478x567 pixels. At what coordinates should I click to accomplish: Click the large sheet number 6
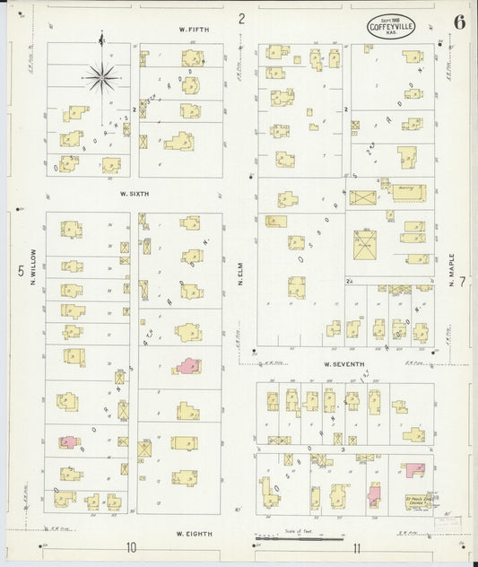click(x=458, y=22)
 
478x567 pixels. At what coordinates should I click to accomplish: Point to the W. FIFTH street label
click(x=193, y=30)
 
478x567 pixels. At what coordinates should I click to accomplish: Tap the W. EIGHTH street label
click(x=193, y=534)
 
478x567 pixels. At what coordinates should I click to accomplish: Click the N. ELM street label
click(x=241, y=270)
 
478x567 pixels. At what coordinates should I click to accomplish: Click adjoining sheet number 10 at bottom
click(x=131, y=547)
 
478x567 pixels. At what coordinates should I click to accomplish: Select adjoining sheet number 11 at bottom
click(x=357, y=547)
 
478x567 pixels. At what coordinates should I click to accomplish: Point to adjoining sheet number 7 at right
click(x=464, y=283)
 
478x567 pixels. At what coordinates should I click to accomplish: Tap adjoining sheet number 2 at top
click(x=241, y=17)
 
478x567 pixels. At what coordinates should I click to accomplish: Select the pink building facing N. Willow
click(x=68, y=442)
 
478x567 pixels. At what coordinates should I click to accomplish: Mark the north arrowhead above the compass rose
click(x=101, y=38)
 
